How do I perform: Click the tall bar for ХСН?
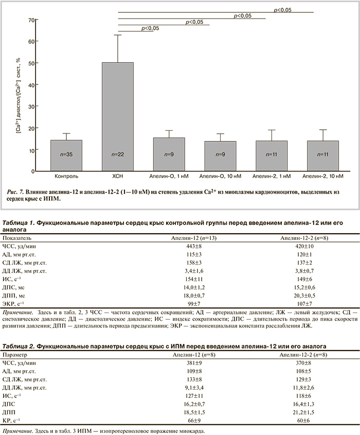pyautogui.click(x=118, y=116)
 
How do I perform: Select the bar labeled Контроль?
pyautogui.click(x=66, y=155)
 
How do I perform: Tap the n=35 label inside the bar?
pyautogui.click(x=66, y=154)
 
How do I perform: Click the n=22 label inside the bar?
pyautogui.click(x=118, y=154)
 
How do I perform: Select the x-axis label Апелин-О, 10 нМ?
pyautogui.click(x=220, y=177)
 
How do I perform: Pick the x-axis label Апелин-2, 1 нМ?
pyautogui.click(x=272, y=177)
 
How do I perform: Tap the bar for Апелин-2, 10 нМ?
pyautogui.click(x=323, y=155)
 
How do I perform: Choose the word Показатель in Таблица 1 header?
pyautogui.click(x=17, y=239)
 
